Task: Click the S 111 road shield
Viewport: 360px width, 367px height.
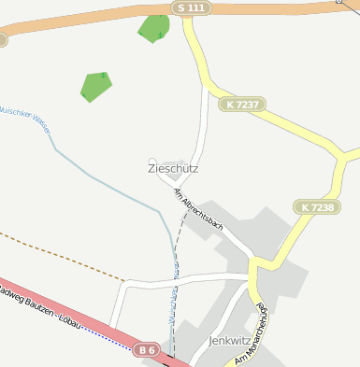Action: (192, 7)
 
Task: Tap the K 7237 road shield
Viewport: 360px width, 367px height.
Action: (241, 105)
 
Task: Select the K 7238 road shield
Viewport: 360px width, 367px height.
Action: (317, 206)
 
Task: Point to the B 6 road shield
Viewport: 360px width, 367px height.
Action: (145, 349)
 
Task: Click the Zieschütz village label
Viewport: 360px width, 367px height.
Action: (173, 169)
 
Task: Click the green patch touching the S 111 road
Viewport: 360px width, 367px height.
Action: (153, 30)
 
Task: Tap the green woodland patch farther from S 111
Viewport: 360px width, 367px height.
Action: (95, 86)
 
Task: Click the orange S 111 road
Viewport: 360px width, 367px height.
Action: (94, 23)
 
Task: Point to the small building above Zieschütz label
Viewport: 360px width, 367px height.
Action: (152, 161)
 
